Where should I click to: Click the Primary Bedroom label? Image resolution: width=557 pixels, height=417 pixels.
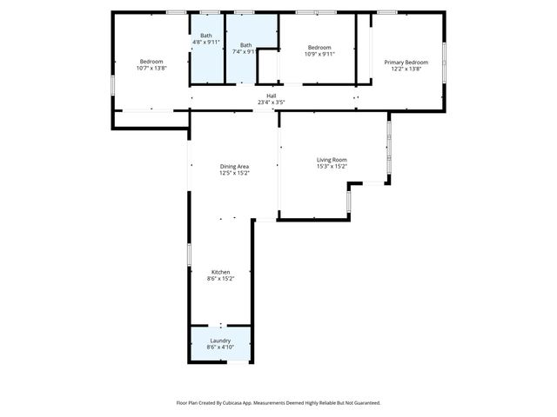pos(406,62)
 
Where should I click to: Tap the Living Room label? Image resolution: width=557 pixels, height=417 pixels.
pos(332,160)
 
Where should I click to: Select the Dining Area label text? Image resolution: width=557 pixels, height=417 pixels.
pos(234,166)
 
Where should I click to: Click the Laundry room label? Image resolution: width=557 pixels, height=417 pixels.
pos(220,341)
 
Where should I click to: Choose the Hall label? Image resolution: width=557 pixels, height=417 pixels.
pos(272,96)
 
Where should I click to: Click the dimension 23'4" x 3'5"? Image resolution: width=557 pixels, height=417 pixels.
pos(272,103)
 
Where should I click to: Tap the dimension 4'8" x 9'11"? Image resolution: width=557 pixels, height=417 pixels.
pos(206,42)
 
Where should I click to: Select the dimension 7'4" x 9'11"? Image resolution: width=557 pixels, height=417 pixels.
pos(246,52)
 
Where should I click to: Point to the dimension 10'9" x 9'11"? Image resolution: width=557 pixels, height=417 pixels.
pos(319,54)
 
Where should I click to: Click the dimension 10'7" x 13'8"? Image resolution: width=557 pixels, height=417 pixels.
pos(151,68)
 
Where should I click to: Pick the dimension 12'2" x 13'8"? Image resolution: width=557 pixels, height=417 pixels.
pos(406,69)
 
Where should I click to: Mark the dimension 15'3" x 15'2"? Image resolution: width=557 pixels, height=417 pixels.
pos(332,167)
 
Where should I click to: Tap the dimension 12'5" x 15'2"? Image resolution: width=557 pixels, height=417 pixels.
pos(234,173)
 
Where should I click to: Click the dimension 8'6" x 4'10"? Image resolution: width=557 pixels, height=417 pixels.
pos(220,347)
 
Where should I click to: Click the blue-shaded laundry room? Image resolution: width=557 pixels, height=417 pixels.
pos(220,332)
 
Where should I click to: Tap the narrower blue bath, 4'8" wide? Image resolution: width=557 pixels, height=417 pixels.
pos(206,61)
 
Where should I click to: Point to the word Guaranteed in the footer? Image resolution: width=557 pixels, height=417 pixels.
pos(364,403)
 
